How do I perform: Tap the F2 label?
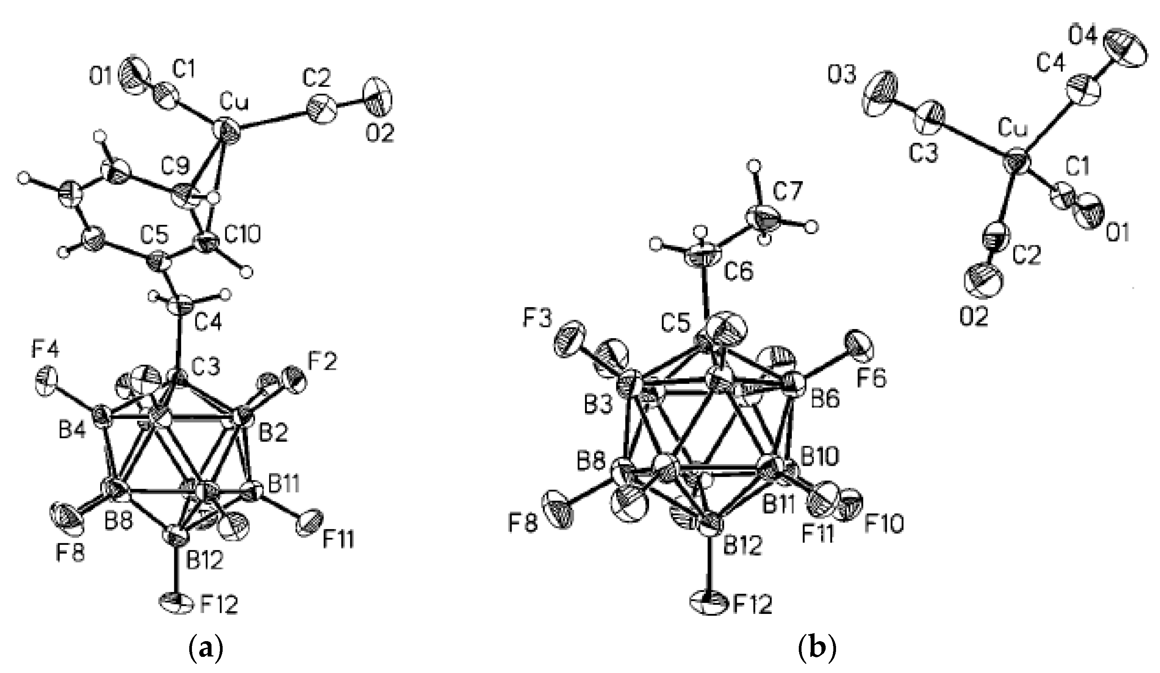[322, 362]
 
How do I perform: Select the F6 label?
[871, 379]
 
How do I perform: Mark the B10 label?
[820, 458]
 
